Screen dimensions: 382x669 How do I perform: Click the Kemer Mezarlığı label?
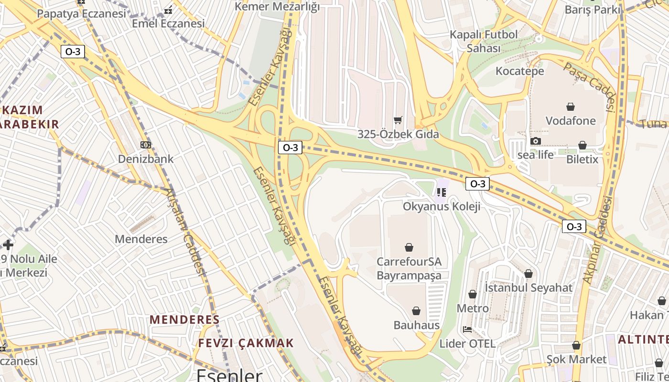pyautogui.click(x=277, y=7)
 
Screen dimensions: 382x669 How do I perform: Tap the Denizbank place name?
pyautogui.click(x=146, y=159)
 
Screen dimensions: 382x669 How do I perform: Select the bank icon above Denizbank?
pyautogui.click(x=145, y=145)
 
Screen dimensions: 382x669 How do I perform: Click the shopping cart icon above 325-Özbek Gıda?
pyautogui.click(x=398, y=120)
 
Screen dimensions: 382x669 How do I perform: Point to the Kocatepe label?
pyautogui.click(x=520, y=71)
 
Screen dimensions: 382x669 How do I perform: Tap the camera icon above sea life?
pyautogui.click(x=535, y=141)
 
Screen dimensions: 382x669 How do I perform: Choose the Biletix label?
pyautogui.click(x=582, y=159)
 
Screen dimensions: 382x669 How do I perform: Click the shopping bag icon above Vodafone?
pyautogui.click(x=570, y=106)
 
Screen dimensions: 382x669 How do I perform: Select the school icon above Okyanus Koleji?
pyautogui.click(x=441, y=192)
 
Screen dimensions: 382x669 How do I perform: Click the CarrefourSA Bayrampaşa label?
pyautogui.click(x=409, y=268)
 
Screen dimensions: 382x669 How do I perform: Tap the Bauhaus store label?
pyautogui.click(x=416, y=325)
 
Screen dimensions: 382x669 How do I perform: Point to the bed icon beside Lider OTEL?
pyautogui.click(x=467, y=329)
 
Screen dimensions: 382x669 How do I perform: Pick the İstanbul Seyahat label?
pyautogui.click(x=528, y=287)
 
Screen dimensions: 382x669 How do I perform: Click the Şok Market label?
pyautogui.click(x=576, y=359)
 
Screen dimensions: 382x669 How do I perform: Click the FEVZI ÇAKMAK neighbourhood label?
pyautogui.click(x=246, y=343)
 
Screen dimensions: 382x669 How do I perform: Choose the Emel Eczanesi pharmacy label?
pyautogui.click(x=168, y=23)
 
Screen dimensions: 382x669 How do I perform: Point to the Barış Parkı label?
pyautogui.click(x=593, y=10)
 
